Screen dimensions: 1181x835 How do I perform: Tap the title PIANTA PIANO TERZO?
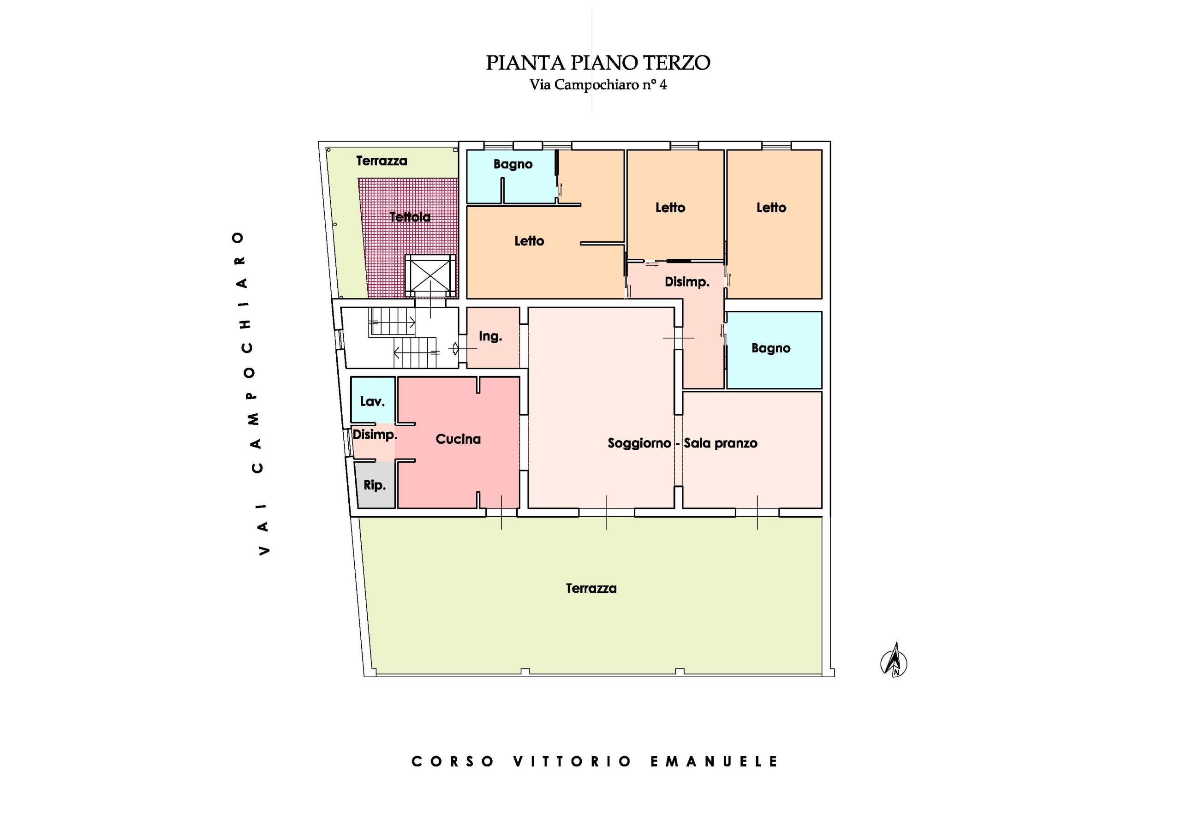click(x=598, y=63)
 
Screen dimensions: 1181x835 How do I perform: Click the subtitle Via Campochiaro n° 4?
click(x=598, y=84)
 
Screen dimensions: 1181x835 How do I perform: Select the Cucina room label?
click(x=458, y=439)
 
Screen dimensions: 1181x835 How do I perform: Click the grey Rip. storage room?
click(x=375, y=485)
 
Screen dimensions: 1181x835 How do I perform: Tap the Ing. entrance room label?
click(x=490, y=336)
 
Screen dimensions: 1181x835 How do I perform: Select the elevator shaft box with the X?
click(x=430, y=276)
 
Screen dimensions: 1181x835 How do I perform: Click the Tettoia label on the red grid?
click(x=410, y=217)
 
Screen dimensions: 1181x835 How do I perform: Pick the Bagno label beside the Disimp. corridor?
click(x=770, y=348)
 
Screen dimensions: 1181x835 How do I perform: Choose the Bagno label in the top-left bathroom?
click(x=513, y=164)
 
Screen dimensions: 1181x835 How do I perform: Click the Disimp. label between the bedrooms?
click(x=687, y=282)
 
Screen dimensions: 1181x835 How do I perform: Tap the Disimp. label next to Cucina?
click(x=375, y=435)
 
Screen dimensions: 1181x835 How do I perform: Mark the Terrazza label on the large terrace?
click(x=591, y=589)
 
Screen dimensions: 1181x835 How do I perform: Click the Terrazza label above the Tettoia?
click(x=382, y=161)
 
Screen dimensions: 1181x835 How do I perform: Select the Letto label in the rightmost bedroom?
click(x=771, y=208)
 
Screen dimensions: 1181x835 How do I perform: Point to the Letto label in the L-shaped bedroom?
click(x=529, y=241)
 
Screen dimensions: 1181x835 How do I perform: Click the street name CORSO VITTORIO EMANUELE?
click(x=595, y=762)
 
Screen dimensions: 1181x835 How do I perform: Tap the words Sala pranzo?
click(x=720, y=443)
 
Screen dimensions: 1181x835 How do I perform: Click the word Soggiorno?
click(x=639, y=443)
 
